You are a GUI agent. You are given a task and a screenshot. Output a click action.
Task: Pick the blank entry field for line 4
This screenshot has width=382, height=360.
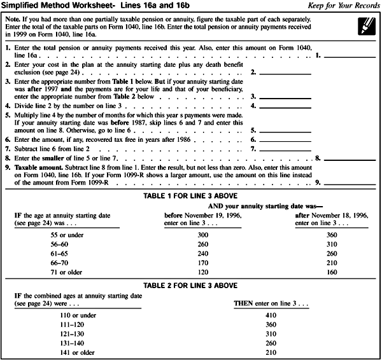[x=286, y=104]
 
